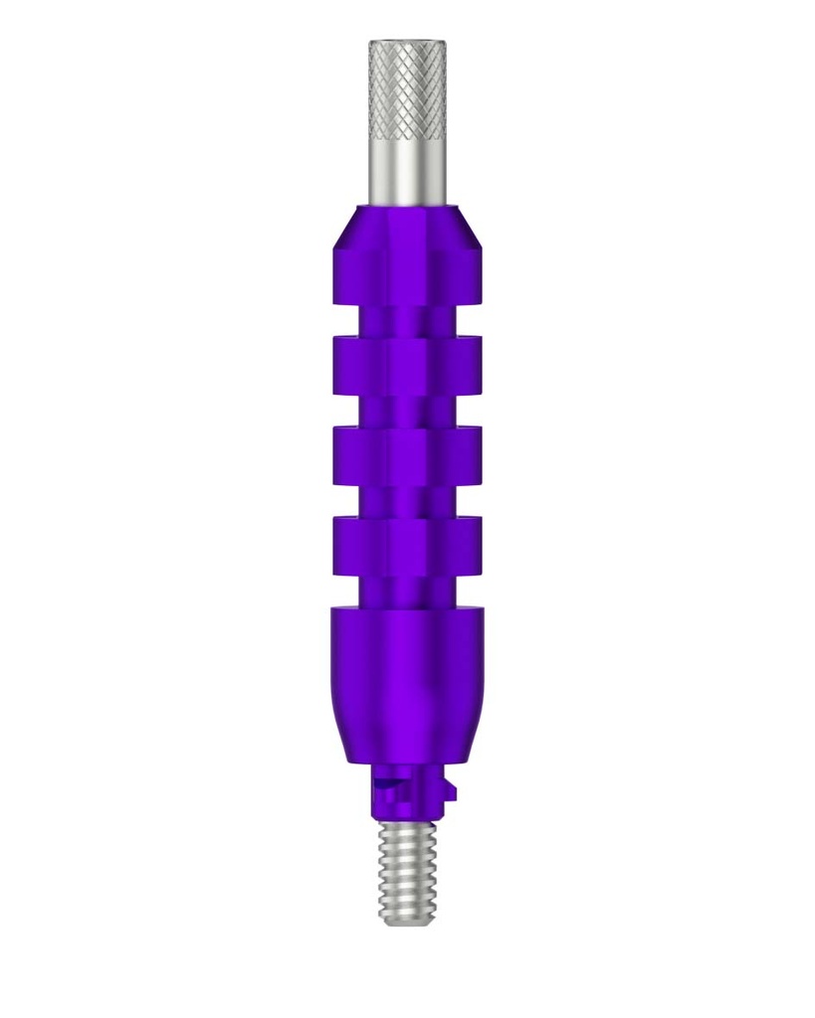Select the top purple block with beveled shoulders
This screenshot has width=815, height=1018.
406,258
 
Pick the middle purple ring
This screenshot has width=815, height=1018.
406,455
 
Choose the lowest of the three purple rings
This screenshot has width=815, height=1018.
406,546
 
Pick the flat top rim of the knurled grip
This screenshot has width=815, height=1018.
406,43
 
